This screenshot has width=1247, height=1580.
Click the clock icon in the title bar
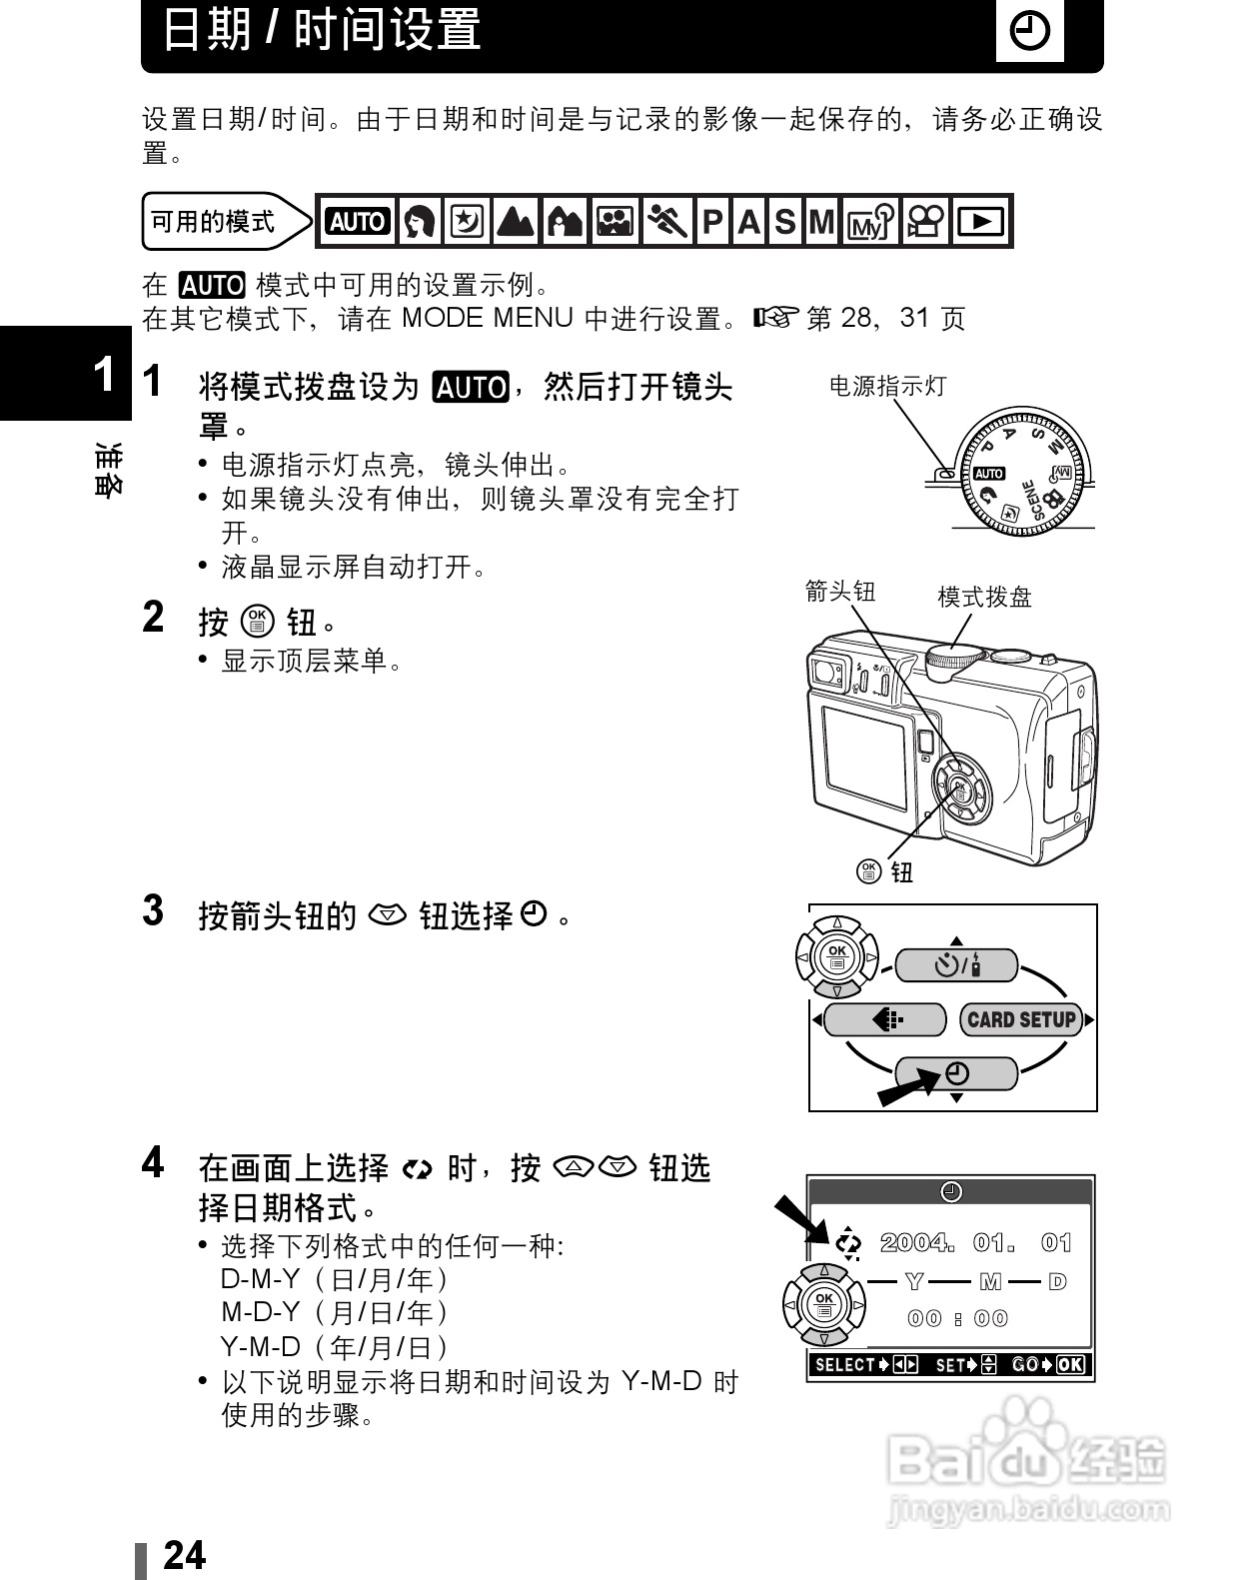(x=1029, y=33)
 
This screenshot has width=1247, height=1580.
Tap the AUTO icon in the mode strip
(x=357, y=222)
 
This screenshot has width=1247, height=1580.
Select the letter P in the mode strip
(x=712, y=222)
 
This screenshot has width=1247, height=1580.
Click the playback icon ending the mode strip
(x=981, y=222)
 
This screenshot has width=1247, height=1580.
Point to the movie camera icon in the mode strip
(x=924, y=222)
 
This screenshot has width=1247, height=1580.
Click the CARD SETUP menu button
(x=1021, y=1020)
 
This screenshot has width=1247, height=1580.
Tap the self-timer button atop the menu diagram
(x=956, y=965)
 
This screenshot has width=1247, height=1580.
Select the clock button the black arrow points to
(x=956, y=1074)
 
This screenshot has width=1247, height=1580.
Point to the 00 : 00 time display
(x=957, y=1319)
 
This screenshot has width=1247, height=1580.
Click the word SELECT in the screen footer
(x=844, y=1365)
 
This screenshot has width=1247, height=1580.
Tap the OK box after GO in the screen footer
(x=1069, y=1365)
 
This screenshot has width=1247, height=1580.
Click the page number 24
(x=184, y=1555)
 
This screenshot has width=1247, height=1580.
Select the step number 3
(x=153, y=911)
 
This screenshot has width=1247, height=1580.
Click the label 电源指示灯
(x=887, y=387)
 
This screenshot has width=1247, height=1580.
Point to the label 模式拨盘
(x=984, y=598)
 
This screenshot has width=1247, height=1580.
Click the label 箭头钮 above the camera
(x=840, y=592)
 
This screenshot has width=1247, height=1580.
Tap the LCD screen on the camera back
(x=863, y=759)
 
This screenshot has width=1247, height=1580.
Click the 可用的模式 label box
(x=212, y=222)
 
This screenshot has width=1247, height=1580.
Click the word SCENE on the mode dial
(x=1032, y=499)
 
